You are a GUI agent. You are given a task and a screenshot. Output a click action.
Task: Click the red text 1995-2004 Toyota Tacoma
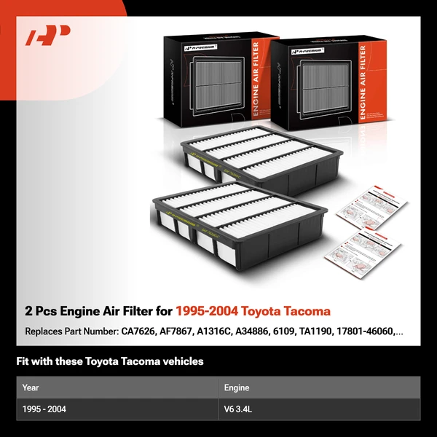(252, 312)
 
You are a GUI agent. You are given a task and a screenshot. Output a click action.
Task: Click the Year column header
(31, 387)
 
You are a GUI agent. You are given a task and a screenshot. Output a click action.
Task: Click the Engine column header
(237, 387)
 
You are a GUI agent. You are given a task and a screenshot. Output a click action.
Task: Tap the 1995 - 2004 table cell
(44, 409)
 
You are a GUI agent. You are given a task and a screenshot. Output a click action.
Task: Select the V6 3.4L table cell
(240, 409)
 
